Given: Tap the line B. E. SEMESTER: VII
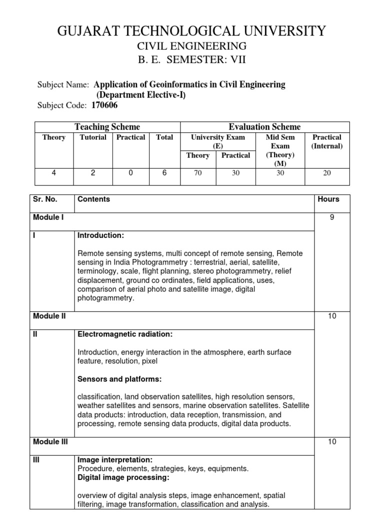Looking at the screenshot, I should pos(192,60).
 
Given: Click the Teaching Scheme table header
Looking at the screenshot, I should pos(107,127).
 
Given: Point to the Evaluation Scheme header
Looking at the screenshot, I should pos(264,127).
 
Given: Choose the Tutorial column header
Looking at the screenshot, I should pos(93,137).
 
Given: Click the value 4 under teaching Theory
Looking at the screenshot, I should pos(53,172).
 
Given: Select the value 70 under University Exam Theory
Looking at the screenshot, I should pos(197,172).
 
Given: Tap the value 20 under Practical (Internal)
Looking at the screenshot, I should pos(326,172).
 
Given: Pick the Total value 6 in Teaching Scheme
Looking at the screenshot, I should pos(164,172).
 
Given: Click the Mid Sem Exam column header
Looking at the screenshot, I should pos(280,146).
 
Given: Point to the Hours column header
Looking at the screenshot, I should pos(328,199).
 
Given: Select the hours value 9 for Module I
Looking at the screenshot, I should pos(332,217).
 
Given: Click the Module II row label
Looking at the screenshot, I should pos(49,316).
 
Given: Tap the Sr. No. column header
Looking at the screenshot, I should pos(45,199).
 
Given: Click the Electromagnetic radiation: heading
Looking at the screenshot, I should pos(125,333).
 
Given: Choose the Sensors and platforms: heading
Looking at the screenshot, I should pos(119,378).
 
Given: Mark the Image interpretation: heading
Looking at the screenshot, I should pos(115,459).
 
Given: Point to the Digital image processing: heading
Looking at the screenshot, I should pos(123,477).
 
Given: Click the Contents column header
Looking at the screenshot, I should pos(93,199).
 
